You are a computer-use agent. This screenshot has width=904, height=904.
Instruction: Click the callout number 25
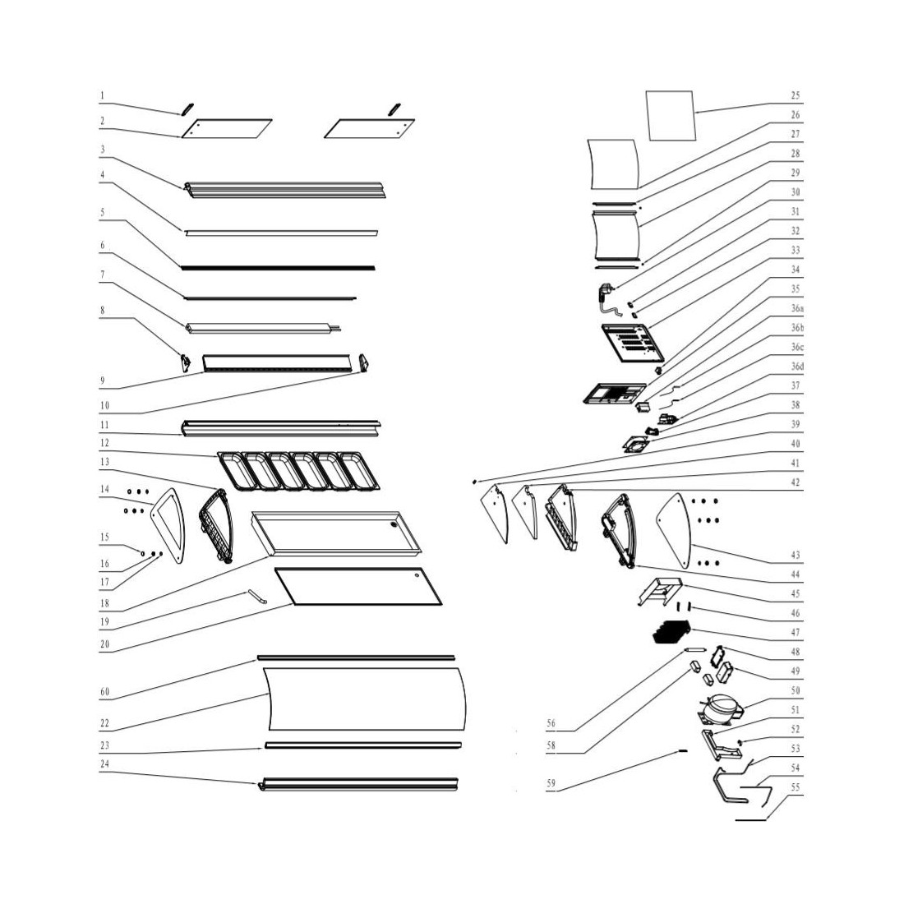point(795,95)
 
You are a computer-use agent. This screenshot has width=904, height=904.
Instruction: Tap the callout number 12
point(104,443)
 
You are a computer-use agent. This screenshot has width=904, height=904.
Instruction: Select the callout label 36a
point(797,308)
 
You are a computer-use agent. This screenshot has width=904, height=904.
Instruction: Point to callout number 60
point(104,692)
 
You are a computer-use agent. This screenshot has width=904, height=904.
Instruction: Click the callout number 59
point(551,783)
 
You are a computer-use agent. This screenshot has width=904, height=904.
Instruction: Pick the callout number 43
point(795,556)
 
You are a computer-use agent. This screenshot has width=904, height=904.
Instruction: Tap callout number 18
point(104,604)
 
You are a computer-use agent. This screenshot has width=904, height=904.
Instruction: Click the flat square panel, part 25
point(670,115)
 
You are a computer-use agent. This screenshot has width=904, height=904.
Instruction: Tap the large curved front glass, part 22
point(364,699)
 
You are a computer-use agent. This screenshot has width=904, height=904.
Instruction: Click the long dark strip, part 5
point(279,268)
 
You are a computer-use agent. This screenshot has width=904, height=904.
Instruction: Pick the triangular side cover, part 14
point(168,525)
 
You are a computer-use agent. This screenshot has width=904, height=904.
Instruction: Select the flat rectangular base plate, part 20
point(358,586)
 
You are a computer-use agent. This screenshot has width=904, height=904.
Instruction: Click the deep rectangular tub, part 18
point(336,533)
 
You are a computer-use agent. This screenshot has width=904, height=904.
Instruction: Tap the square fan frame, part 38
point(635,445)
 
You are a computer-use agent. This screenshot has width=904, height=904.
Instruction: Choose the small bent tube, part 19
point(258,596)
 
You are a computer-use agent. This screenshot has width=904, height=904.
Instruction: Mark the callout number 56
point(551,723)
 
